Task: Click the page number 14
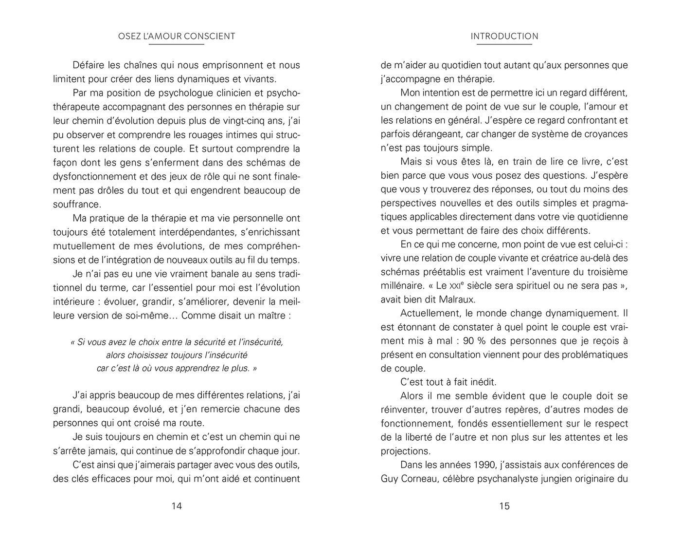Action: (x=177, y=506)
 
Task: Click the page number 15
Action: (x=504, y=506)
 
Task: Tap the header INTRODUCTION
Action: (x=504, y=36)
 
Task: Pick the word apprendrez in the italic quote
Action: (x=205, y=368)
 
